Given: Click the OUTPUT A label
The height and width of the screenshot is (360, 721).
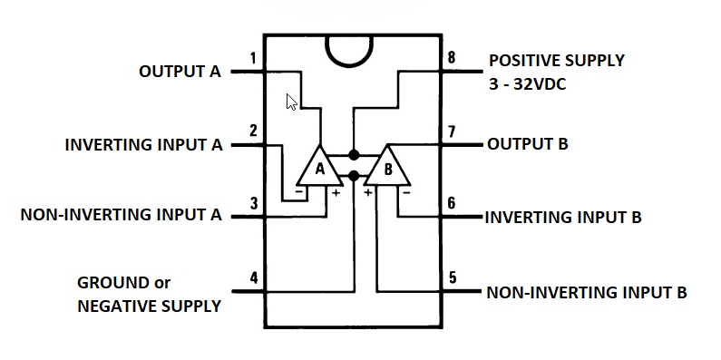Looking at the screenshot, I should (x=180, y=71).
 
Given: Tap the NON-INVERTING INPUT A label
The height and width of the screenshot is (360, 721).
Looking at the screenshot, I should (x=121, y=215).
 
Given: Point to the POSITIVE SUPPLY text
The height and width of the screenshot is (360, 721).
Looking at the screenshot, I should (x=557, y=61).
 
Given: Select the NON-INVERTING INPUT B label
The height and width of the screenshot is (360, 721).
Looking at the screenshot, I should (x=587, y=293).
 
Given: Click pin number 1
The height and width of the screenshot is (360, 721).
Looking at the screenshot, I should (x=252, y=60).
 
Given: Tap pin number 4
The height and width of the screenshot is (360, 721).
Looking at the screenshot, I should (x=253, y=277).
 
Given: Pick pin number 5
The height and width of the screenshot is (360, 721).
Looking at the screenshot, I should (x=452, y=277).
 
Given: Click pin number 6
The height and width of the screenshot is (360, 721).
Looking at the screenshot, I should (x=452, y=204).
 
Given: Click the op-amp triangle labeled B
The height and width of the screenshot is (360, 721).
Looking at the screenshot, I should (x=387, y=167).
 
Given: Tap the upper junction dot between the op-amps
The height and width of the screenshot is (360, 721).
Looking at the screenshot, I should (x=354, y=155).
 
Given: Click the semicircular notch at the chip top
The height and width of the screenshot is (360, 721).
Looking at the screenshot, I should (x=354, y=53).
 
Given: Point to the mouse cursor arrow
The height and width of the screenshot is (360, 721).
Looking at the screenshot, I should (x=290, y=101).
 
